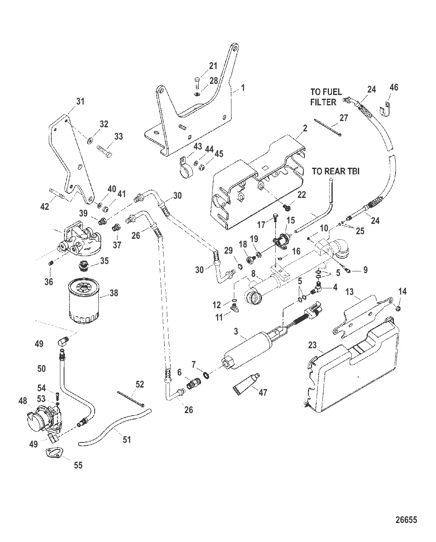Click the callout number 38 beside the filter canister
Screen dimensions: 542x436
pos(113,293)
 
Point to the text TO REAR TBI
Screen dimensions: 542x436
pos(335,171)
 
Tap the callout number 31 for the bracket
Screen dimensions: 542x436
pos(80,101)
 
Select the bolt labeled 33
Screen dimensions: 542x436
pos(105,149)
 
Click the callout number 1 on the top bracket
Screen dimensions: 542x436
pos(243,88)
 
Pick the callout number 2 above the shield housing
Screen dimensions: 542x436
pos(305,129)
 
